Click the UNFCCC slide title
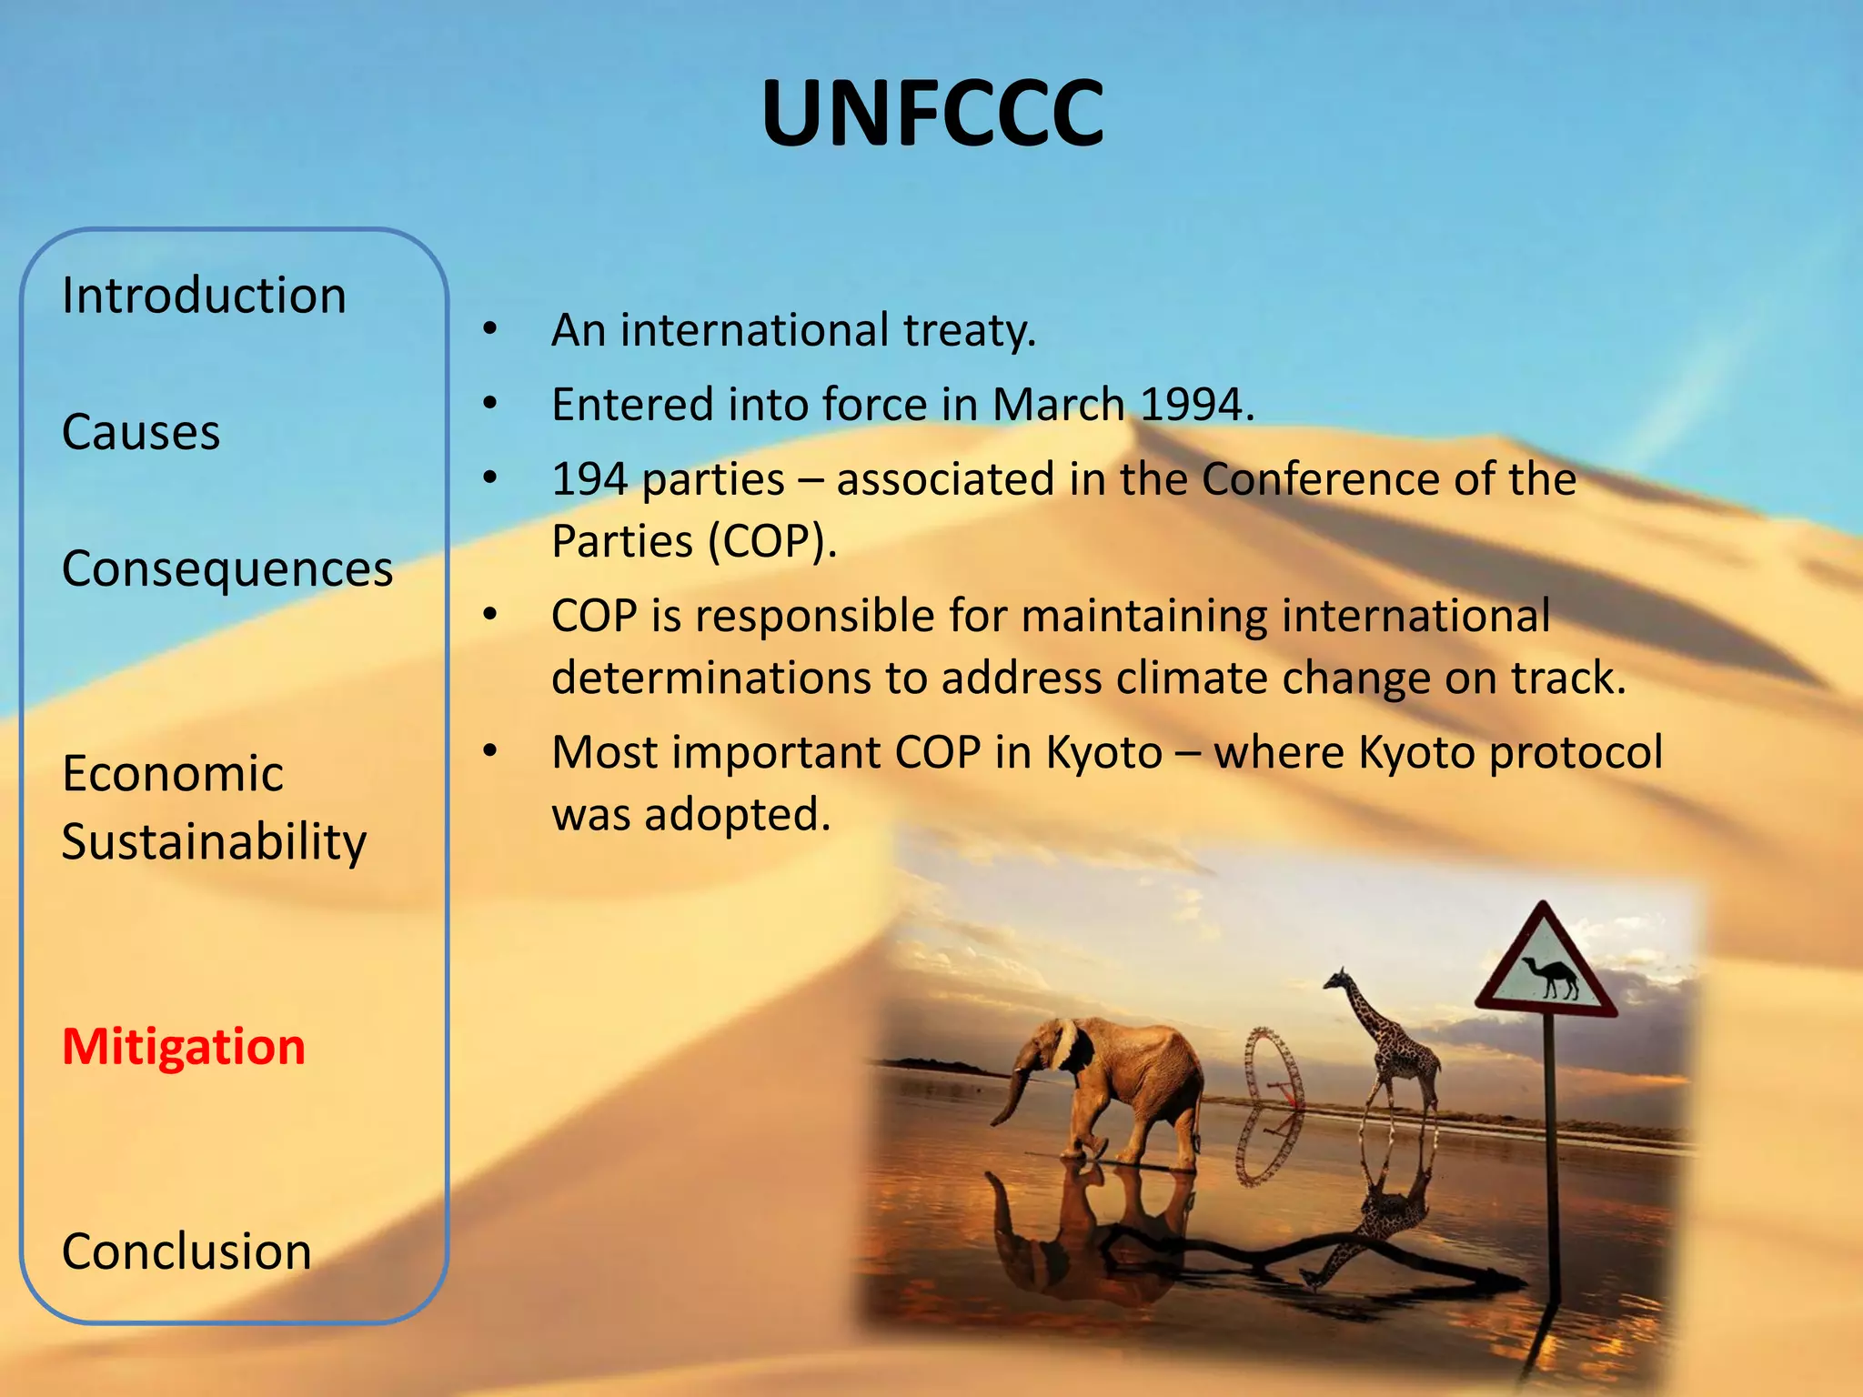coord(932,114)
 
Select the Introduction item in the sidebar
coord(204,296)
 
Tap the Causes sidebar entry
coord(141,432)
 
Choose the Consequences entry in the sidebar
coord(227,570)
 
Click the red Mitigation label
coord(184,1047)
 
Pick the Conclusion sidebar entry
coord(186,1251)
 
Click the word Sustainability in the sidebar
coord(214,842)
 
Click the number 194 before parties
coord(589,479)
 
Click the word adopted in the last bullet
coord(737,814)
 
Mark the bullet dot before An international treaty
coord(490,329)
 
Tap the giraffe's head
coord(1340,980)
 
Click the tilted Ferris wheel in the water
coord(1270,1105)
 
